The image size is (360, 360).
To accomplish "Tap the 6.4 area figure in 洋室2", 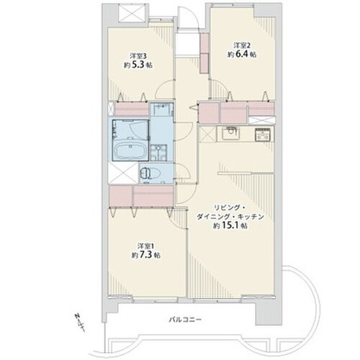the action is pyautogui.click(x=241, y=54).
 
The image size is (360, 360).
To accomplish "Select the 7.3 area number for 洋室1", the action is pyautogui.click(x=145, y=255).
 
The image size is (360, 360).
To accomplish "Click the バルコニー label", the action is pyautogui.click(x=185, y=320).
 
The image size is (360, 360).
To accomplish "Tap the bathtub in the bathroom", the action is pyautogui.click(x=130, y=151).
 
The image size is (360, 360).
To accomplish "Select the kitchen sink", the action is pyautogui.click(x=231, y=133).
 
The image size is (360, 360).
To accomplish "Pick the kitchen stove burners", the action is pyautogui.click(x=263, y=134).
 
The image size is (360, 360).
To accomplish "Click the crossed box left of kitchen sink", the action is pyautogui.click(x=207, y=134).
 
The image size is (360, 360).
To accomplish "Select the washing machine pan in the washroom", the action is pyautogui.click(x=158, y=153).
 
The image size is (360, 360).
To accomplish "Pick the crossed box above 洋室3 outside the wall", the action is pyautogui.click(x=132, y=13).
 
